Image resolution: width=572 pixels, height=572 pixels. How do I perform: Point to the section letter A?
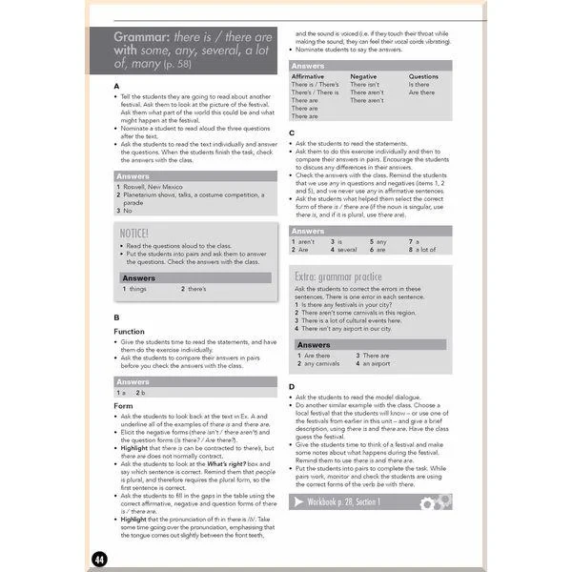click(116, 86)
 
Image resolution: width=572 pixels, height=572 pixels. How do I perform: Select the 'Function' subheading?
click(129, 331)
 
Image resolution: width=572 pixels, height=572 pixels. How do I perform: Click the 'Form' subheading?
click(123, 405)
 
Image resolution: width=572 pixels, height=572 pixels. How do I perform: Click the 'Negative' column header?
click(363, 76)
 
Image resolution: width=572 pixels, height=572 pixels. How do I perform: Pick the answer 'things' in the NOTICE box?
click(137, 288)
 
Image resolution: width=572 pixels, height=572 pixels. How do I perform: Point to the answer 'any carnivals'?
click(321, 363)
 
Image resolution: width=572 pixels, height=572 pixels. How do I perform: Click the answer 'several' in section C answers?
click(347, 250)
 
